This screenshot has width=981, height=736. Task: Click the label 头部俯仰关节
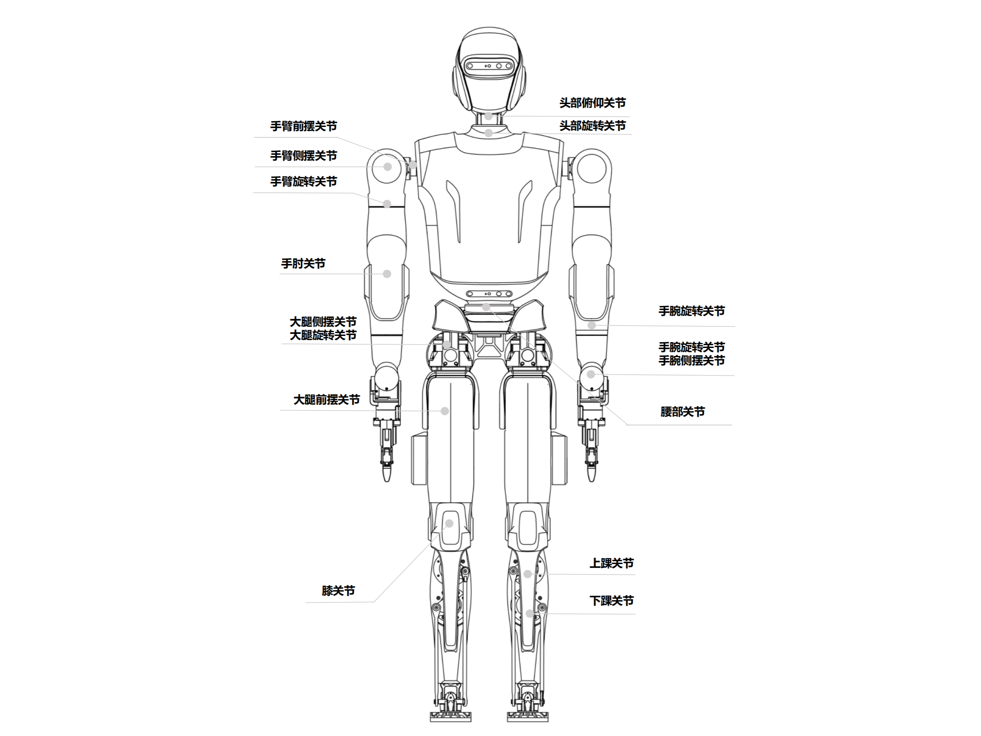coord(592,103)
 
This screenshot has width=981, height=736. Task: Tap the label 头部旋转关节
coord(592,126)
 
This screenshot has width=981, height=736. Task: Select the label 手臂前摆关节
coord(303,127)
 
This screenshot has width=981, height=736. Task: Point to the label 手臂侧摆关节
coord(303,156)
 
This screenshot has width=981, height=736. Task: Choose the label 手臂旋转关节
coord(303,182)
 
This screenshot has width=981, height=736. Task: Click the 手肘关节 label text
coord(303,264)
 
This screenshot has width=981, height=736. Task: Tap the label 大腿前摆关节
coord(326,400)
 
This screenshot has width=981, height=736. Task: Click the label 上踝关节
coord(611,563)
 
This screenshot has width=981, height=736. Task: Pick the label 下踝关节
coord(611,601)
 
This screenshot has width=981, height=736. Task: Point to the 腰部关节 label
coord(682,412)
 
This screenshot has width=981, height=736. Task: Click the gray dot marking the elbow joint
coord(387,274)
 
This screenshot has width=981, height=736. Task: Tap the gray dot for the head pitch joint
coord(488,116)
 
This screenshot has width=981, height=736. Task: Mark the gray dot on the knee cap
coord(449,524)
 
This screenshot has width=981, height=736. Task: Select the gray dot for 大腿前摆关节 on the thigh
coord(445,411)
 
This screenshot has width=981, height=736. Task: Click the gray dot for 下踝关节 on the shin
coord(529,614)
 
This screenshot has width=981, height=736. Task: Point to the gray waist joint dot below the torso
coord(486,306)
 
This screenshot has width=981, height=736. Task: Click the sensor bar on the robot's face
coord(489,66)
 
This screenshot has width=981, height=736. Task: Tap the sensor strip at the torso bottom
coord(489,293)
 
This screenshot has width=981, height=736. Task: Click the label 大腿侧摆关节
coord(323,322)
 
